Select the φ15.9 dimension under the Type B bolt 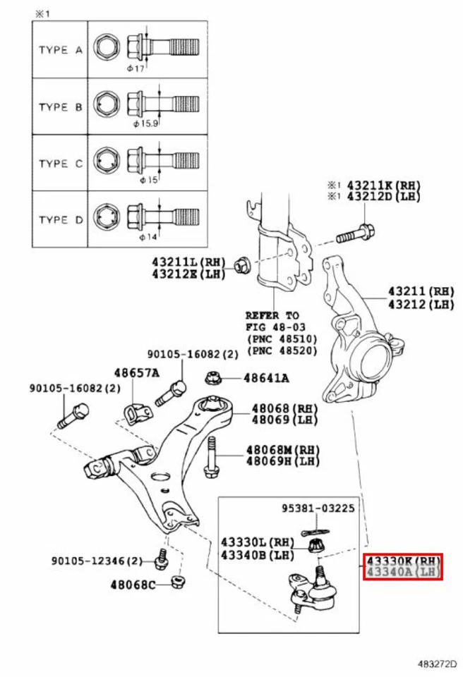(x=147, y=123)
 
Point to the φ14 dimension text (x=148, y=236)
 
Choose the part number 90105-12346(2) (x=97, y=561)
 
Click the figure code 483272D (x=435, y=663)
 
